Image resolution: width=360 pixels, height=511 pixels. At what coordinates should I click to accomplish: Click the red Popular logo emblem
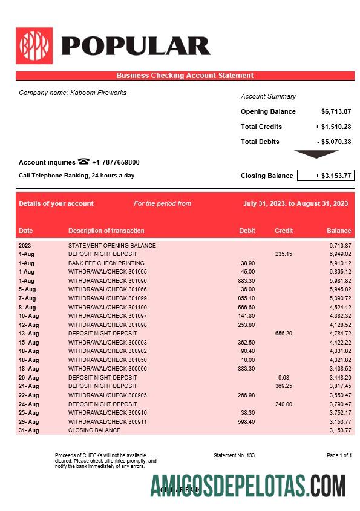[34, 45]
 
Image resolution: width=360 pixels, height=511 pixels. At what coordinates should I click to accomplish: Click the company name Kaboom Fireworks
[73, 93]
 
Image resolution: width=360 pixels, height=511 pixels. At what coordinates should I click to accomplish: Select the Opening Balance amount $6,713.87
[336, 111]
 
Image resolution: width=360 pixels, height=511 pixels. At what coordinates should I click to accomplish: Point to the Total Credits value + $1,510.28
[333, 127]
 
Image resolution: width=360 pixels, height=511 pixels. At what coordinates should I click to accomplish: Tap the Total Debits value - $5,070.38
[334, 142]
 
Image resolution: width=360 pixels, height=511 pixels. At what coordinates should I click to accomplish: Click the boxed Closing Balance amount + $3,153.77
[326, 176]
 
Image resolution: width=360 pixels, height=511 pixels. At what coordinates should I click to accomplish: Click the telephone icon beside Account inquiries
[83, 162]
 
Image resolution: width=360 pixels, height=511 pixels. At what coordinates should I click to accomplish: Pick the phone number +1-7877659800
[116, 162]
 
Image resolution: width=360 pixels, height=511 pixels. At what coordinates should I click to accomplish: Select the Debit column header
[247, 231]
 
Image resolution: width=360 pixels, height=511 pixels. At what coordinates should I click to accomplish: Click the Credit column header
[283, 231]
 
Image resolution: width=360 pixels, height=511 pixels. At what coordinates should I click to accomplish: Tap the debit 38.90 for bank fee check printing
[247, 263]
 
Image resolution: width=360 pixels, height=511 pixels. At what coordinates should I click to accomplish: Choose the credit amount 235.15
[283, 254]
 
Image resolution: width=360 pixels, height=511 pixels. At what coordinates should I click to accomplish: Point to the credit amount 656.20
[283, 334]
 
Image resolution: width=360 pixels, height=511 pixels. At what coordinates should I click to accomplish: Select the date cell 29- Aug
[28, 421]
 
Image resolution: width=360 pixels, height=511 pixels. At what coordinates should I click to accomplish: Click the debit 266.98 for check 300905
[247, 395]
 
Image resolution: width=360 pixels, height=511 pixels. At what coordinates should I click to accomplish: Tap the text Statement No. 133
[234, 455]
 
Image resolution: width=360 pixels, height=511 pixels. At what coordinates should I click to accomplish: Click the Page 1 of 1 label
[339, 455]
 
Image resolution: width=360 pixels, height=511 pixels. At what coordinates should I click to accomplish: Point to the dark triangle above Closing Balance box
[316, 154]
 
